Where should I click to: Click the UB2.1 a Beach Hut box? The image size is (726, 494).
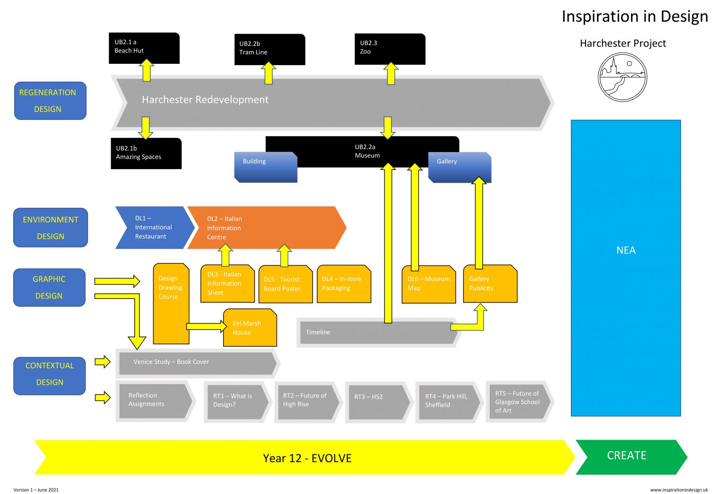pyautogui.click(x=144, y=47)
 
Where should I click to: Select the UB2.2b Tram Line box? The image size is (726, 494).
pyautogui.click(x=269, y=49)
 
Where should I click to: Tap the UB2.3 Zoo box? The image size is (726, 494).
pyautogui.click(x=389, y=48)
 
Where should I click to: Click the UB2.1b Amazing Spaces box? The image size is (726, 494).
pyautogui.click(x=146, y=153)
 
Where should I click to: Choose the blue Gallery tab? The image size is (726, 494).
pyautogui.click(x=459, y=167)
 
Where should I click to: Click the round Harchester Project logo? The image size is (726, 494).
pyautogui.click(x=622, y=77)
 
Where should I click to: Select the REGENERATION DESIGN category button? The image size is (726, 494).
pyautogui.click(x=50, y=101)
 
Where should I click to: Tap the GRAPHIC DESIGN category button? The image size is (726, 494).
pyautogui.click(x=49, y=287)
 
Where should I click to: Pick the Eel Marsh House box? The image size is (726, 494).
pyautogui.click(x=250, y=328)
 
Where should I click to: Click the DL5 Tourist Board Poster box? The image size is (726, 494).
pyautogui.click(x=285, y=284)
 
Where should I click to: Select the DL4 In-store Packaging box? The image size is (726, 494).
pyautogui.click(x=344, y=284)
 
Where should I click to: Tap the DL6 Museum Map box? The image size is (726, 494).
pyautogui.click(x=428, y=284)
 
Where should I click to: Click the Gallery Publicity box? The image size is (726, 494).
pyautogui.click(x=490, y=284)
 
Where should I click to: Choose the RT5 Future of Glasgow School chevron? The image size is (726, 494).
pyautogui.click(x=519, y=402)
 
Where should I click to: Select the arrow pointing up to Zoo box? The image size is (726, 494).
pyautogui.click(x=391, y=73)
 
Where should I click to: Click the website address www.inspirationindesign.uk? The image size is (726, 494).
pyautogui.click(x=679, y=490)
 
